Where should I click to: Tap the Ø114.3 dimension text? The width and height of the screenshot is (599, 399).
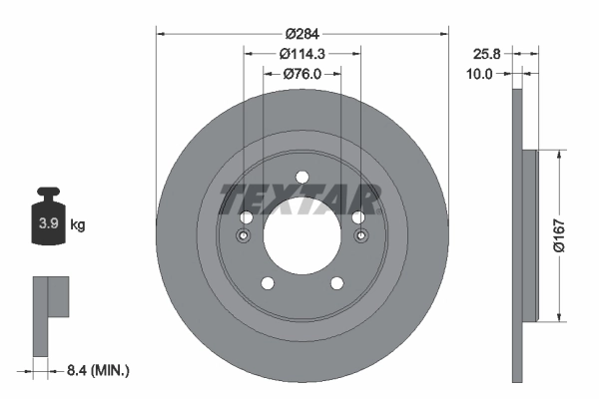click(301, 53)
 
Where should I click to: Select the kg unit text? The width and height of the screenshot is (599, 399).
click(78, 225)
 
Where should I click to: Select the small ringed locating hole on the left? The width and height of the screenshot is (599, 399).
click(244, 236)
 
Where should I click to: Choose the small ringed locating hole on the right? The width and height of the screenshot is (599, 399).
click(359, 236)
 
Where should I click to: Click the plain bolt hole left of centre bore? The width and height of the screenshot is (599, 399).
click(246, 217)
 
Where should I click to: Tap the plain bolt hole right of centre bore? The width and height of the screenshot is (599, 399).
click(356, 217)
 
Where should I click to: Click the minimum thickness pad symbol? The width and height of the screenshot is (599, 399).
click(49, 315)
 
